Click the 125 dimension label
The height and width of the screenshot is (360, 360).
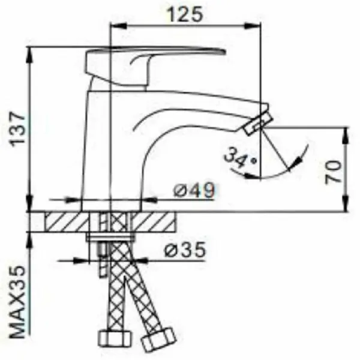(x=185, y=14)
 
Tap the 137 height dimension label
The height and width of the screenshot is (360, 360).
(x=18, y=129)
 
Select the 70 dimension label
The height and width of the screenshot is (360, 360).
(x=332, y=172)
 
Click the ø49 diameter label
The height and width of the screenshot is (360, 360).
(x=194, y=190)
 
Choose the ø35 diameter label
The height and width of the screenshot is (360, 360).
(x=185, y=250)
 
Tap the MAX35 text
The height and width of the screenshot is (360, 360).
(x=17, y=302)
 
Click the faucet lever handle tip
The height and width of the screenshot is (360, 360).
(x=224, y=52)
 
